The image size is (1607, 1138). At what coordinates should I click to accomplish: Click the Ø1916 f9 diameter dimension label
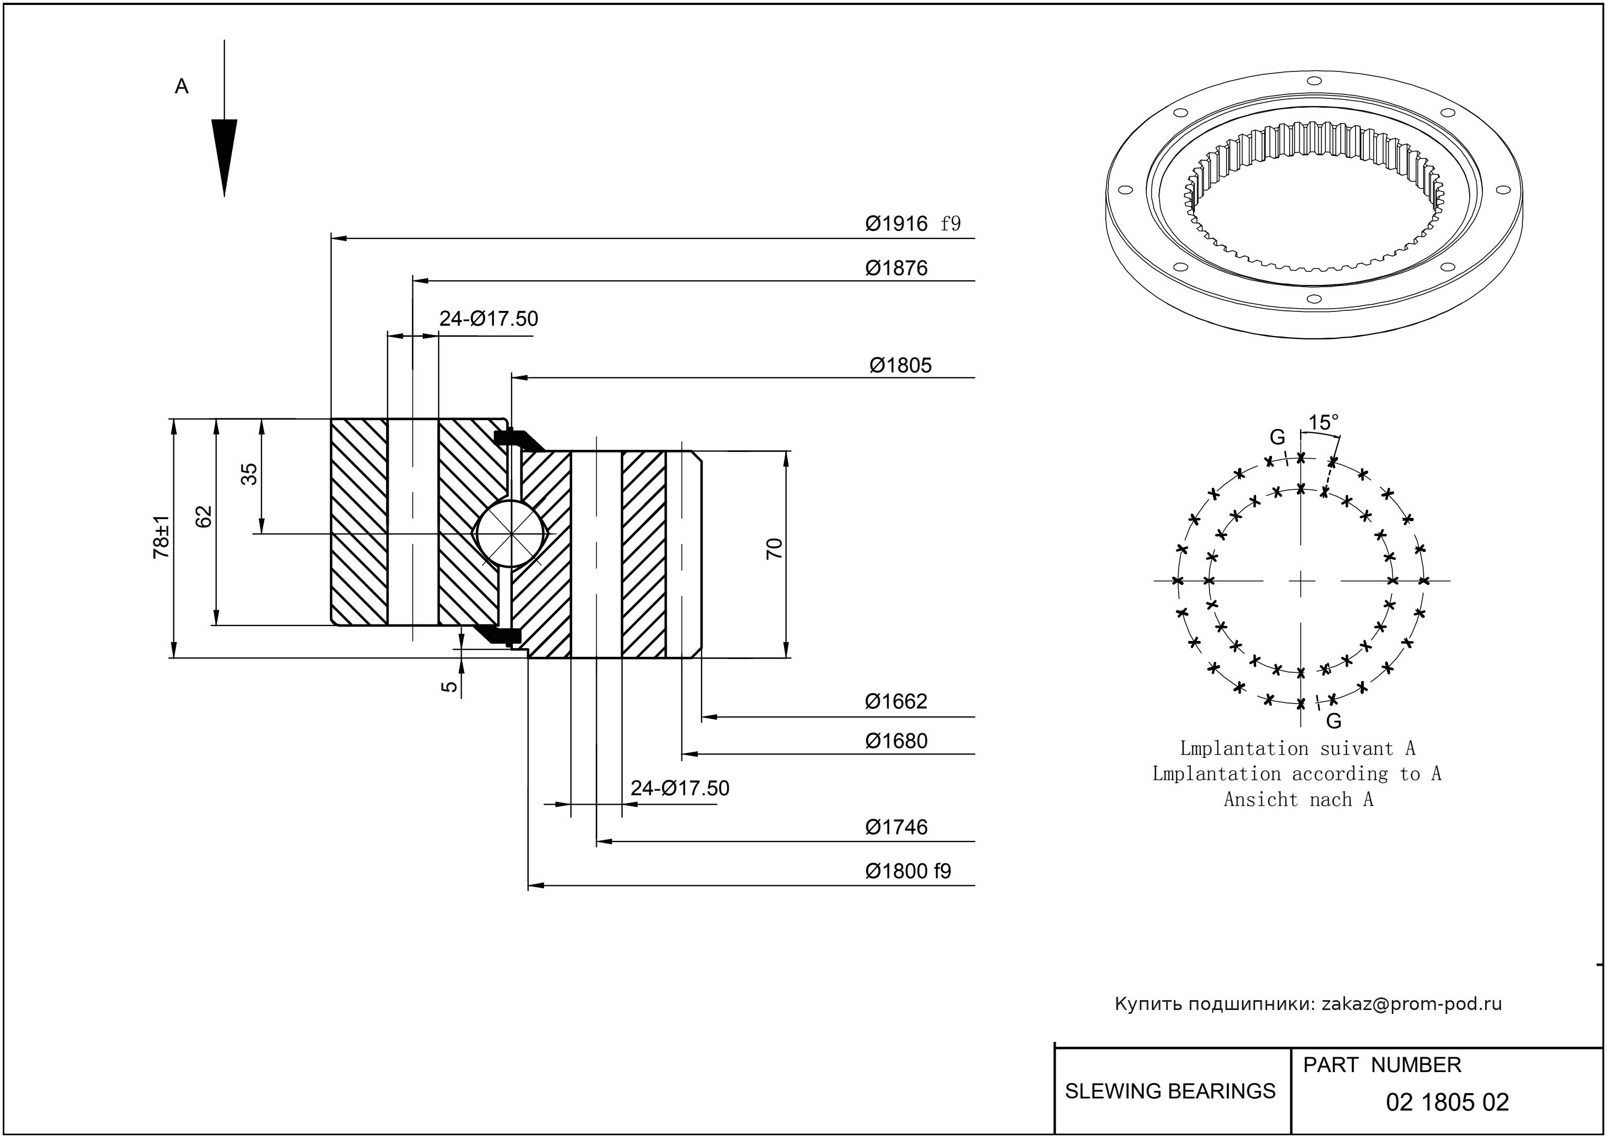coord(912,224)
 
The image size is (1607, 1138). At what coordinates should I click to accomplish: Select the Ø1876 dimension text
coord(896,269)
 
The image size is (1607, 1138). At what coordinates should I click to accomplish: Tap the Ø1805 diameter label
coord(900,366)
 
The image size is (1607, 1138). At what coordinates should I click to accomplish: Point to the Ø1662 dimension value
coord(896,701)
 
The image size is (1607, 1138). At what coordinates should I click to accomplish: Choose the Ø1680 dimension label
coord(896,741)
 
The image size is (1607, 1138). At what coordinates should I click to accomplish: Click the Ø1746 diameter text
coord(896,828)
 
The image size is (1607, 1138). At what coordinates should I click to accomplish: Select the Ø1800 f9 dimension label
coord(908,872)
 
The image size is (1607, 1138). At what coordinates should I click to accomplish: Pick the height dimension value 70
coord(774,548)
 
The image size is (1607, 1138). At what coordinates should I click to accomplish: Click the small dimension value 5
coord(450,687)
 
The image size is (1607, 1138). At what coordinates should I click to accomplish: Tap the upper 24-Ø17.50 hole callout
coord(488,319)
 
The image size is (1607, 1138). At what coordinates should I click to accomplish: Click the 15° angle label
coord(1323,422)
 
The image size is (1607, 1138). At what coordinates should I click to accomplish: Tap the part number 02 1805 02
coord(1447,1102)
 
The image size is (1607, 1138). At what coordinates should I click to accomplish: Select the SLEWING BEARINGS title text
coord(1170,1091)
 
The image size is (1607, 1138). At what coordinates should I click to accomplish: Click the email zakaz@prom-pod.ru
coord(1411,1004)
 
